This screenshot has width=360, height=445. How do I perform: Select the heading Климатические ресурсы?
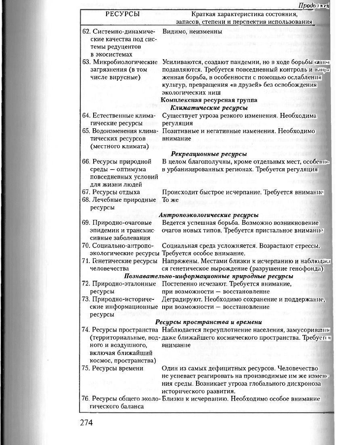[209, 108]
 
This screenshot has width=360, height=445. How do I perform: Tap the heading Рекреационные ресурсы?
[209, 154]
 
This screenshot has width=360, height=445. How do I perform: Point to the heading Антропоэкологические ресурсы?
[209, 215]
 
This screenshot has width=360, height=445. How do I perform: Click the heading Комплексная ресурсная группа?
[209, 100]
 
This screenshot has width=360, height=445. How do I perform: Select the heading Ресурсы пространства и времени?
[209, 322]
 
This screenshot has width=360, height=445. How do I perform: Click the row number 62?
[86, 31]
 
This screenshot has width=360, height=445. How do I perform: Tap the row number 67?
[86, 192]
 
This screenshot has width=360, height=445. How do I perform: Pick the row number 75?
[86, 368]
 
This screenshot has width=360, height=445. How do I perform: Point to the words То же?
[170, 200]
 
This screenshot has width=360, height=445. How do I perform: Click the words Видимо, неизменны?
[192, 31]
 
